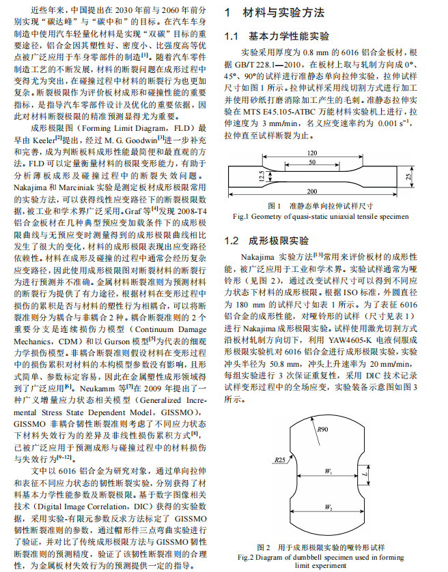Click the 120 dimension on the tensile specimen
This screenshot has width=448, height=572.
tap(312, 153)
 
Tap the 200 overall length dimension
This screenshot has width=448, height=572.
tap(311, 192)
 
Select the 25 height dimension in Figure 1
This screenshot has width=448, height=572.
tap(408, 177)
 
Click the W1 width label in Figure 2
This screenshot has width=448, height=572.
tap(329, 471)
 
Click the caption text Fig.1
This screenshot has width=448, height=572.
tap(242, 216)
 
